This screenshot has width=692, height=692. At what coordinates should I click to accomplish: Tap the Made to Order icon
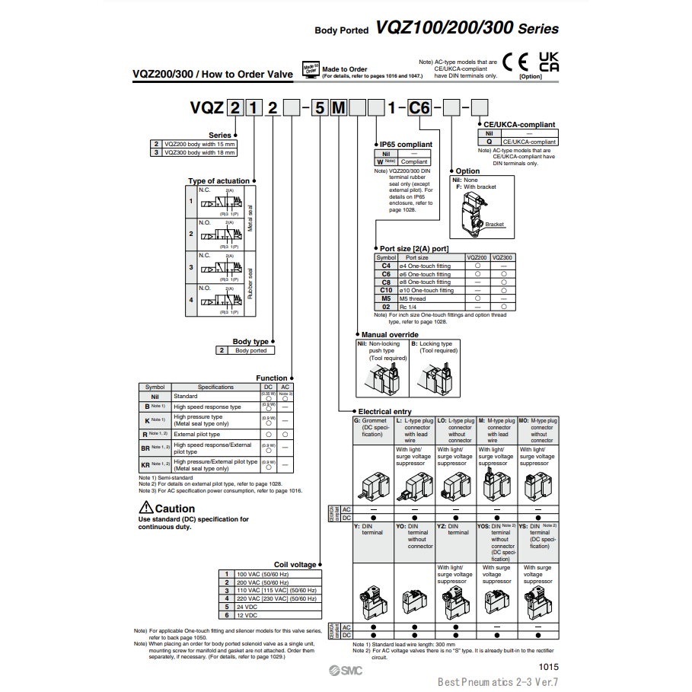pyautogui.click(x=311, y=69)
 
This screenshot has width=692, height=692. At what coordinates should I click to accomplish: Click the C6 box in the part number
pyautogui.click(x=419, y=108)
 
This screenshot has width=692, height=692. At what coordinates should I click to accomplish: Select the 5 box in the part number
pyautogui.click(x=320, y=108)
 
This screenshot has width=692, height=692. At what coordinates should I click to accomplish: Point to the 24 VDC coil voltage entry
pyautogui.click(x=248, y=607)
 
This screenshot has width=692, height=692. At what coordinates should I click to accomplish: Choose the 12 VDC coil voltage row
pyautogui.click(x=248, y=614)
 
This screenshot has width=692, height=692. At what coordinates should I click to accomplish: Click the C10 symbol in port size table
pyautogui.click(x=386, y=290)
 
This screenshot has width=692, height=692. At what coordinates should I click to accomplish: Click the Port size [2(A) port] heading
pyautogui.click(x=414, y=248)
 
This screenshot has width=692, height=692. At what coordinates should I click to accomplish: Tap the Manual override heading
pyautogui.click(x=390, y=334)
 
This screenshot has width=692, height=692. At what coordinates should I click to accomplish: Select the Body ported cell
pyautogui.click(x=250, y=350)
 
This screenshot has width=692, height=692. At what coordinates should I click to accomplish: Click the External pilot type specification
pyautogui.click(x=196, y=434)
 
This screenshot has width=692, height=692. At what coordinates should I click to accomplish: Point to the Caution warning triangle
pyautogui.click(x=146, y=509)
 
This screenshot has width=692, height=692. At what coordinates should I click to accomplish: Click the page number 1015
pyautogui.click(x=549, y=666)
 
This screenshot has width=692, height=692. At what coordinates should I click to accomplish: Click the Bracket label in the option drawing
pyautogui.click(x=495, y=225)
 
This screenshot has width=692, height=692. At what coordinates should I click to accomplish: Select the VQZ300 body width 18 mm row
pyautogui.click(x=199, y=152)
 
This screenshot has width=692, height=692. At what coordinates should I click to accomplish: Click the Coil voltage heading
pyautogui.click(x=295, y=564)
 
